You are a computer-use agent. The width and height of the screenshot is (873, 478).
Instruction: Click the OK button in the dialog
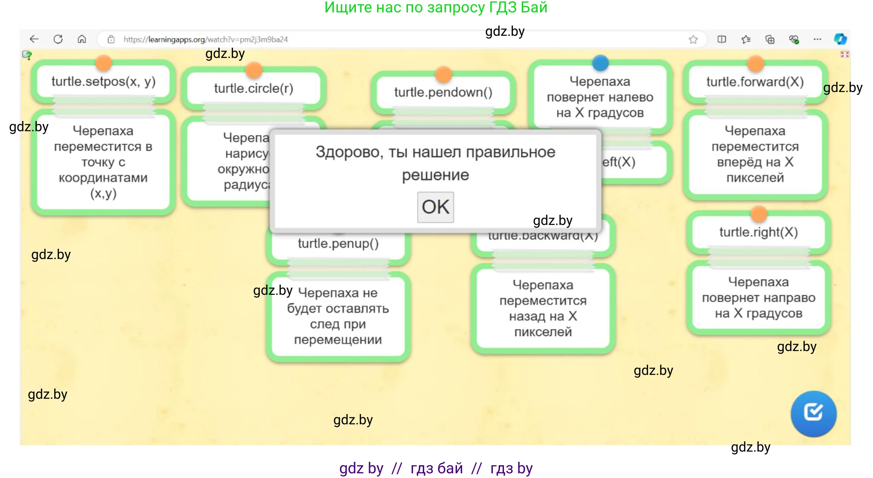[435, 207]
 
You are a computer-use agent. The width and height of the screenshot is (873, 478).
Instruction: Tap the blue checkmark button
[813, 413]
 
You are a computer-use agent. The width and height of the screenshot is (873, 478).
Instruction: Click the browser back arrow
[34, 39]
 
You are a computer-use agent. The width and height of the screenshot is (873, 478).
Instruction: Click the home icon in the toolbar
[82, 39]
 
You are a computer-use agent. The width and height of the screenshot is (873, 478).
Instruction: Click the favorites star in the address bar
[693, 40]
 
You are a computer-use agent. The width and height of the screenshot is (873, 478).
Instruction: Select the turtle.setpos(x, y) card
[103, 82]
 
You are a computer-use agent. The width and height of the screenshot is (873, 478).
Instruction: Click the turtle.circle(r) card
[253, 89]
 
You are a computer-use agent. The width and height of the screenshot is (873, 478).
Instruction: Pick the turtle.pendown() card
[443, 92]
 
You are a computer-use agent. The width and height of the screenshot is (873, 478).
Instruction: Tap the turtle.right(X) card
[758, 233]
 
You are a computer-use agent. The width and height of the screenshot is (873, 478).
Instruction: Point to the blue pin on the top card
[600, 63]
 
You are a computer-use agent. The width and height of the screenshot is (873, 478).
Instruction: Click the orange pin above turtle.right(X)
[759, 214]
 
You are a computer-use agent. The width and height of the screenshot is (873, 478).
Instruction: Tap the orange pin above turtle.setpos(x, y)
[104, 63]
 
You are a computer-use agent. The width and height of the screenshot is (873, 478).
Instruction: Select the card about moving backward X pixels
[543, 308]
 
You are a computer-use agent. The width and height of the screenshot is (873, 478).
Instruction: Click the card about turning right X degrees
[758, 298]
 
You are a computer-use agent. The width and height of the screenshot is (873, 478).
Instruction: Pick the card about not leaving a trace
[338, 317]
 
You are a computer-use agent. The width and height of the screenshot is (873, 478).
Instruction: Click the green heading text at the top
[436, 8]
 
